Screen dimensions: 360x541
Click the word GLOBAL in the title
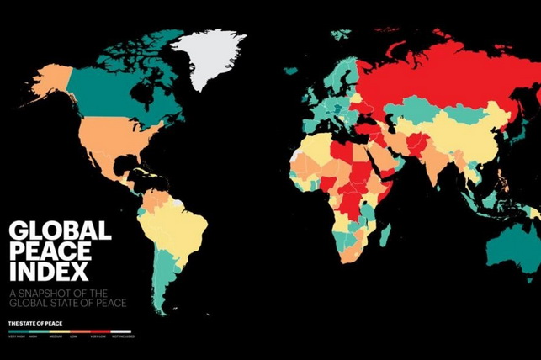[59, 231]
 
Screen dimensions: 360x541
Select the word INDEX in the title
[48, 272]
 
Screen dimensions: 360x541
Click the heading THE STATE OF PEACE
[34, 323]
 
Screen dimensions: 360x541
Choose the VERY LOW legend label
[99, 337]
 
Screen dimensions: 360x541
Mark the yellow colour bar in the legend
[60, 332]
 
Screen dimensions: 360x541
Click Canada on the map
[118, 84]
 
